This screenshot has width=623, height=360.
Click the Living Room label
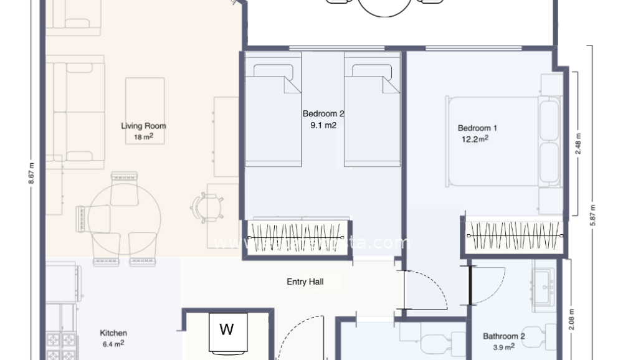143,126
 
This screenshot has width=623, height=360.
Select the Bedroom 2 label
323,113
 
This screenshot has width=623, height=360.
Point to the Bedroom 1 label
477,128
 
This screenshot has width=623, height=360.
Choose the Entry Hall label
305,282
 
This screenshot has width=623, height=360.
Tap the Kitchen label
113,333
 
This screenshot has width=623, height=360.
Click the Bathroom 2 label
504,336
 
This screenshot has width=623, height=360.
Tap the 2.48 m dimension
578,144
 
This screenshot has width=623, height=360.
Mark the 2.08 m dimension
572,320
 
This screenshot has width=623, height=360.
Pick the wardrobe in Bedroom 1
515,236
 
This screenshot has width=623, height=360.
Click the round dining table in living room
124,218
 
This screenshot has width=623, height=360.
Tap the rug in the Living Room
145,111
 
